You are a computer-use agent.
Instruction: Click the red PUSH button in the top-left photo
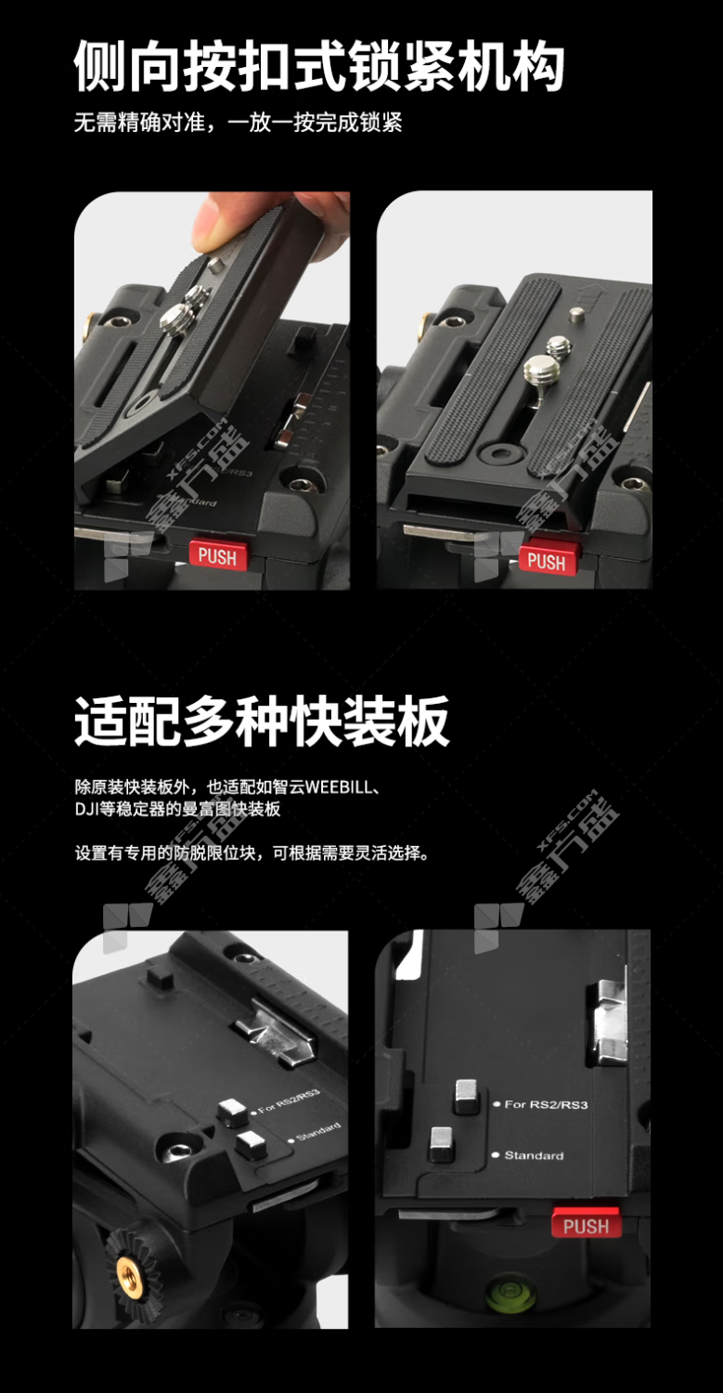(x=217, y=554)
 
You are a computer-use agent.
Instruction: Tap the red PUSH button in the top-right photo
(x=547, y=561)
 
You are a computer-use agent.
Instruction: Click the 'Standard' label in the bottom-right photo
(x=534, y=1155)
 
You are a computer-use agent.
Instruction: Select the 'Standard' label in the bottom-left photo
(x=318, y=1131)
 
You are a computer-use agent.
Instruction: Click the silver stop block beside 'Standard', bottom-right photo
(x=442, y=1143)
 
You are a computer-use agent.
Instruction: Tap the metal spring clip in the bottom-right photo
(x=609, y=1017)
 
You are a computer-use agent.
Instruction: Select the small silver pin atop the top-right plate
(x=576, y=315)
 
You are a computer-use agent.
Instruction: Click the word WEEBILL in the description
(x=339, y=787)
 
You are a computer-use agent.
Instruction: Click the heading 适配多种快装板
(x=262, y=721)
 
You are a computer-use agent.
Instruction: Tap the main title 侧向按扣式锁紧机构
(x=319, y=66)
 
